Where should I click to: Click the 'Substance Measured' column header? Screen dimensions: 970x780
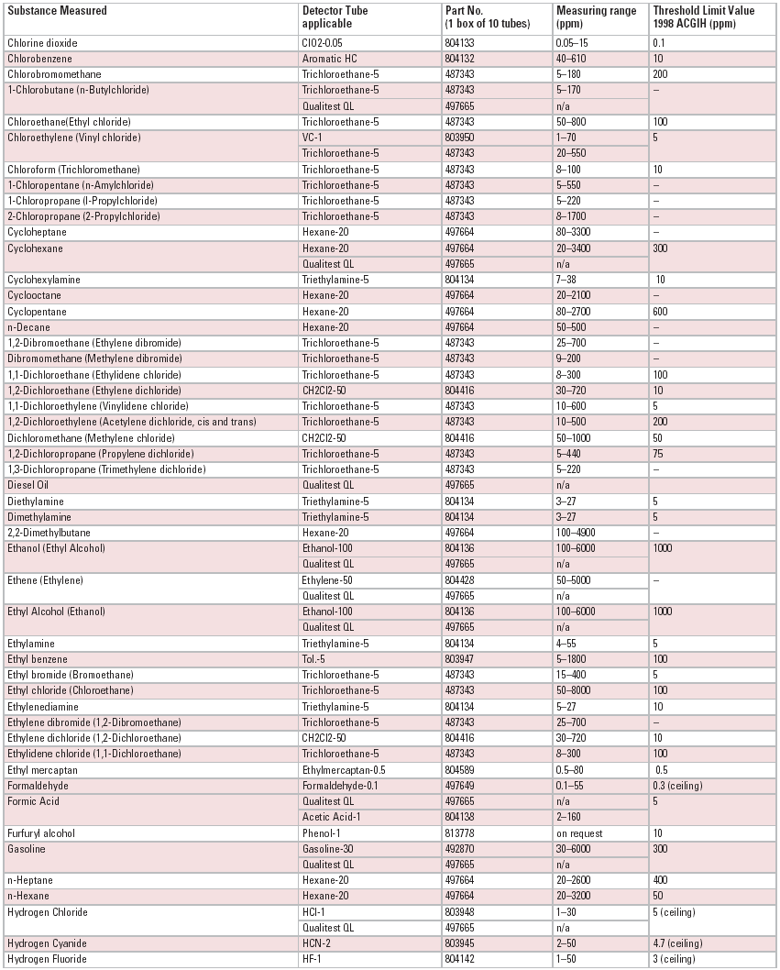coord(58,10)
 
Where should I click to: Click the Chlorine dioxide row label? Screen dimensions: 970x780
coord(43,42)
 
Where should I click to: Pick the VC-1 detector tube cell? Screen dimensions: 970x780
coord(313,138)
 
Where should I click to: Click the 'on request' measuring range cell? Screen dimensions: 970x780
coord(577,833)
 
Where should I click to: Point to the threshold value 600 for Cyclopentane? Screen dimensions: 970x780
coord(661,311)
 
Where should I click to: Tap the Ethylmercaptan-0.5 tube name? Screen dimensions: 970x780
coord(340,770)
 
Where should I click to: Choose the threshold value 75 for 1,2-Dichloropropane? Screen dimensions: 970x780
coord(658,454)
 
